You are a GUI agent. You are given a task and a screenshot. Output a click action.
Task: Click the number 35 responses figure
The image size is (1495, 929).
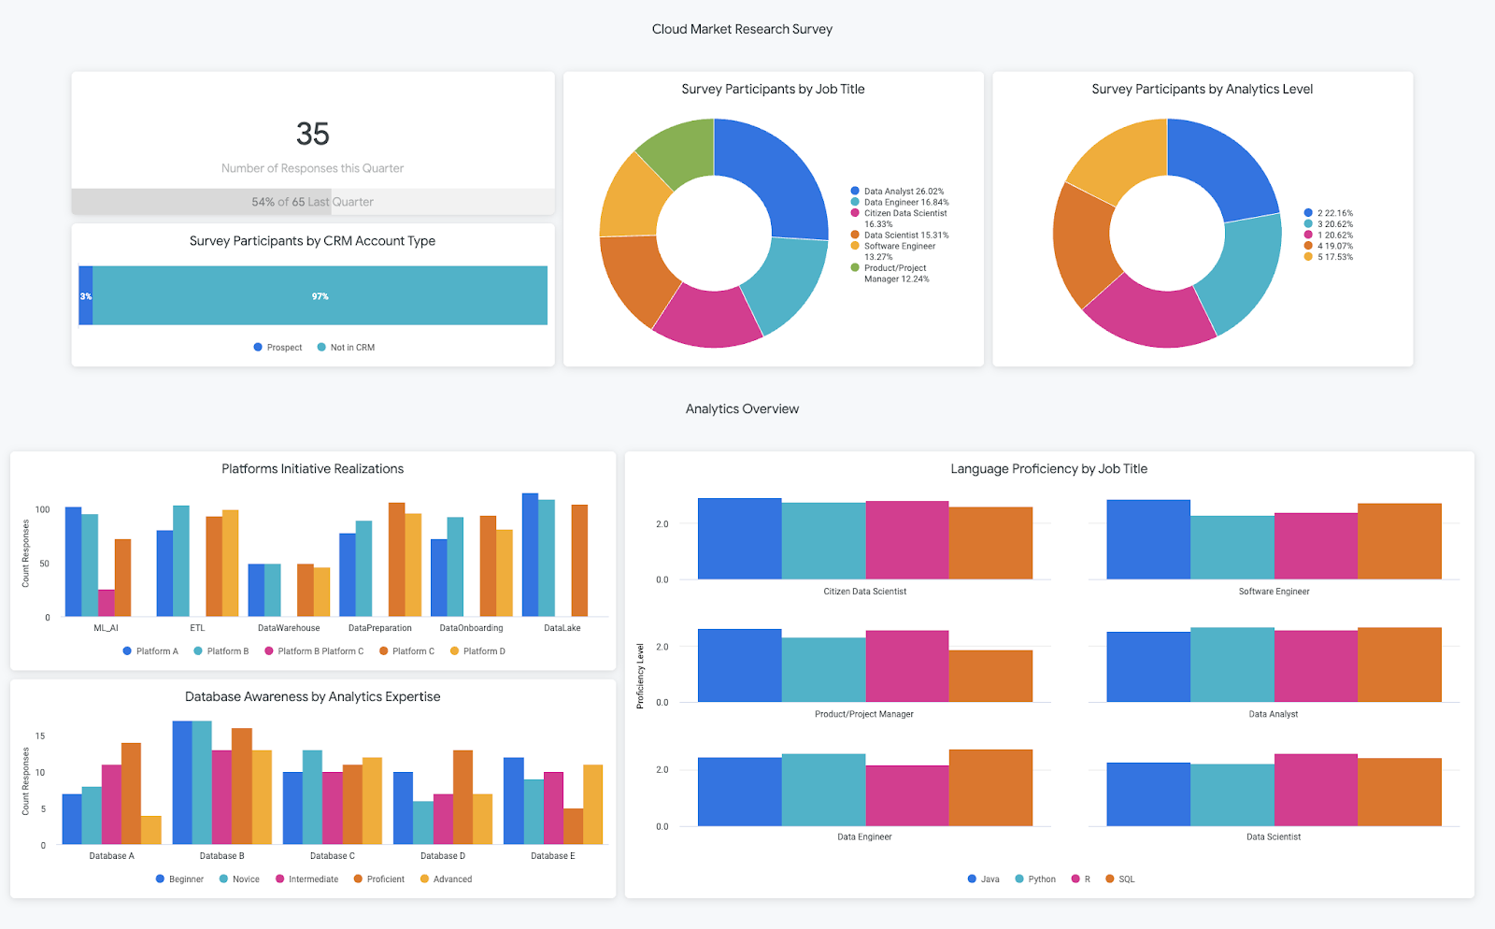[x=312, y=134]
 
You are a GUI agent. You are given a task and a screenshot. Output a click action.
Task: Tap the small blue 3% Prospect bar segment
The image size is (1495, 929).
[x=86, y=296]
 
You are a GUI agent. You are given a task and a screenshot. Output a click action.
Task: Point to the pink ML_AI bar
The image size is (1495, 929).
[x=107, y=603]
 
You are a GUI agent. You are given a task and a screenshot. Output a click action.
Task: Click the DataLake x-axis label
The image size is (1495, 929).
[x=562, y=628]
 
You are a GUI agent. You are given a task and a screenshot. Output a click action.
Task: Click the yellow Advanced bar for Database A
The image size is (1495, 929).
[x=151, y=830]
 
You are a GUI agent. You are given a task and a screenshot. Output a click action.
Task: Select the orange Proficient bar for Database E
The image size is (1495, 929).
[x=573, y=826]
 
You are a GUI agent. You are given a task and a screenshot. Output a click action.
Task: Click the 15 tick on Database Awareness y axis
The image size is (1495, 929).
[x=40, y=736]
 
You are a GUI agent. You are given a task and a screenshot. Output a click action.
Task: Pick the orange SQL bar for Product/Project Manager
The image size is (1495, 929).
[x=990, y=676]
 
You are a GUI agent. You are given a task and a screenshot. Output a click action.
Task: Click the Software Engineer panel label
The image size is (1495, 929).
[x=1274, y=592]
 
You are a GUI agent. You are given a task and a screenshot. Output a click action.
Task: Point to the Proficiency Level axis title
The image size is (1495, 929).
[x=640, y=676]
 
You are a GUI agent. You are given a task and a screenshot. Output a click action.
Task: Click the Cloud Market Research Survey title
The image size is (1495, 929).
[x=742, y=29]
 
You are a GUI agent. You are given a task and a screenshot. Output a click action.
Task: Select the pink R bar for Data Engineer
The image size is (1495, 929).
[x=906, y=795]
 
